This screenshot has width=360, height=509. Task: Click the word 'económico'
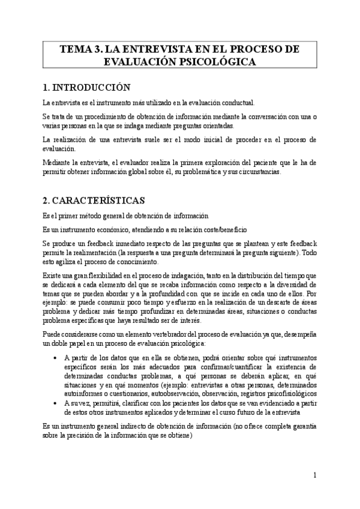[107, 229]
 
